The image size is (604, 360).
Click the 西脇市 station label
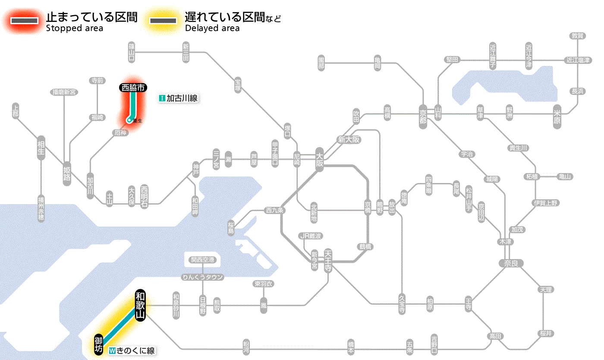133,88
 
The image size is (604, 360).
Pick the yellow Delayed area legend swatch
163,21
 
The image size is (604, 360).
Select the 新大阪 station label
349,139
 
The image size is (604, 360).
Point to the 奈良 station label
511,263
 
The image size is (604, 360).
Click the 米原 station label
557,117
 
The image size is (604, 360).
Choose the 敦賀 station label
578,36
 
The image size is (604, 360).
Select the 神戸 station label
196,170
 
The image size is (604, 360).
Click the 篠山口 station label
132,51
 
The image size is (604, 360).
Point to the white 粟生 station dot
128,120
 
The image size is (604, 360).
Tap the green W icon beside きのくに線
112,351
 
